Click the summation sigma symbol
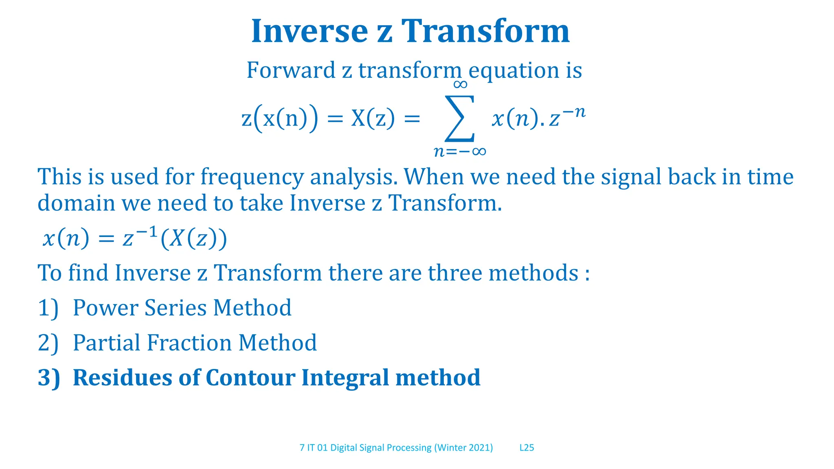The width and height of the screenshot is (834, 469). coord(460,118)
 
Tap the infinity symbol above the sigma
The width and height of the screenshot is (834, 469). coord(460,85)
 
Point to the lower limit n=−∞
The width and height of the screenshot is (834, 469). coord(460,151)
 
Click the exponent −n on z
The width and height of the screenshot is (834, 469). coord(574,111)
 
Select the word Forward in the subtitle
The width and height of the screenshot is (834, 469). coord(290,70)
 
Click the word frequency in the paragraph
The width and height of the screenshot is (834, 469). coord(252,177)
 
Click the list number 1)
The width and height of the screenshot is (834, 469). coord(48,308)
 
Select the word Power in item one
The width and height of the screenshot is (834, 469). coord(105,308)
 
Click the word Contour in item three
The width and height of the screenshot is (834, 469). coord(250,378)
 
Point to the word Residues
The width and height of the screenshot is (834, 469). coord(123,378)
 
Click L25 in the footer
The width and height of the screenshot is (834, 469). coord(527,448)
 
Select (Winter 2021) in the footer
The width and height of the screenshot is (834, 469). coord(463,448)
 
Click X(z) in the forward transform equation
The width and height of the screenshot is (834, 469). coord(373,119)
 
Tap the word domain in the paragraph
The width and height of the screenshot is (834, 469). coord(76,203)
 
